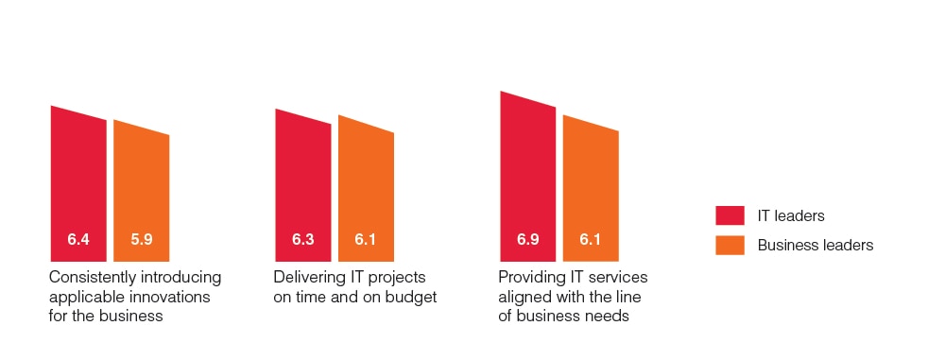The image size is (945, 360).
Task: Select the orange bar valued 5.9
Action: pos(141,192)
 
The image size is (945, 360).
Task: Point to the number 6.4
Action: pos(78,239)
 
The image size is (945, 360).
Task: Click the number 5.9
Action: pos(142,239)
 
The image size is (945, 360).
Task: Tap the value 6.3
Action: pos(303,239)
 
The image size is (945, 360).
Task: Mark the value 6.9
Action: pos(528,239)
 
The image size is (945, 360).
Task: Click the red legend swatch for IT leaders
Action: pos(730,215)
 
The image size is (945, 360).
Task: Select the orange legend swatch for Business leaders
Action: pos(730,245)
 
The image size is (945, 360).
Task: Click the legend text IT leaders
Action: pos(791,215)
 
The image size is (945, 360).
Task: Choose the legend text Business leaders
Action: pos(816,245)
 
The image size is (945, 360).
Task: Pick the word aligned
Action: pos(523,298)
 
